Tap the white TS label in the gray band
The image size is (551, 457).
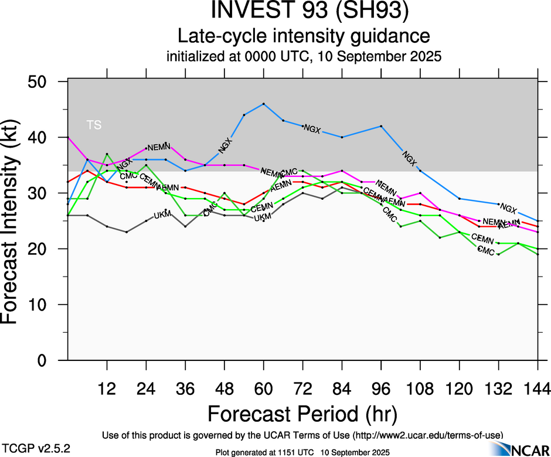click(93, 124)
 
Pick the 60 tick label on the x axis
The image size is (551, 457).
click(263, 388)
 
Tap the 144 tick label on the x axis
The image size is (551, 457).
click(536, 388)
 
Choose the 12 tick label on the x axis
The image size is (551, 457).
click(107, 388)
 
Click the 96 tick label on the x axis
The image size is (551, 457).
click(381, 388)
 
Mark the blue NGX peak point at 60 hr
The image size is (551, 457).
click(264, 104)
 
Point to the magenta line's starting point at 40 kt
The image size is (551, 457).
click(68, 137)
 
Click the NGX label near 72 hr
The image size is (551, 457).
click(312, 128)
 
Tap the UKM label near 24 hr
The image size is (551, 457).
click(162, 215)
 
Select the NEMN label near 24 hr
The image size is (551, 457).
click(158, 147)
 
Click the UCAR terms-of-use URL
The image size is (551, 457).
click(427, 435)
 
